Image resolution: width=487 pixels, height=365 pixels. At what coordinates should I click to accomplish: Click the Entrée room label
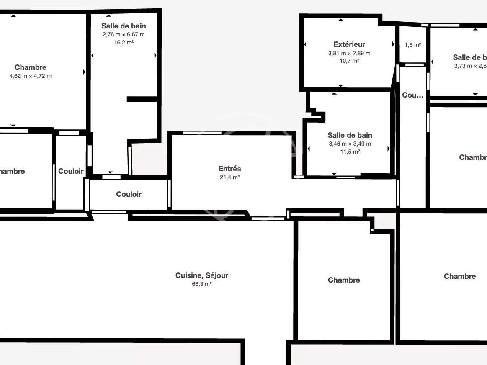point(230,169)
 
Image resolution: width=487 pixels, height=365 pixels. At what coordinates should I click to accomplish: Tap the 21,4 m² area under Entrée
point(230,177)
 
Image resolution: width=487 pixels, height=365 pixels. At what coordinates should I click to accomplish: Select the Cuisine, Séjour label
point(202,275)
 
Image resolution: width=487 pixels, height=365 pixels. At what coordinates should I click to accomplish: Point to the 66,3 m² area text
point(202,284)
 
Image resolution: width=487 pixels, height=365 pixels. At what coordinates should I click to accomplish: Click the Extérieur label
point(349,44)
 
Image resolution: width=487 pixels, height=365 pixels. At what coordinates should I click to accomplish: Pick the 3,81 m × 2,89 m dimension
point(349,53)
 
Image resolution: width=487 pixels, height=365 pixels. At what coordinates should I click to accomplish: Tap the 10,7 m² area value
point(349,61)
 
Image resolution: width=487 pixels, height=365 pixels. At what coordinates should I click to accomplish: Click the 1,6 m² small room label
point(412,45)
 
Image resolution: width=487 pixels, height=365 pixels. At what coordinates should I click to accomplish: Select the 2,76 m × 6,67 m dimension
point(124,35)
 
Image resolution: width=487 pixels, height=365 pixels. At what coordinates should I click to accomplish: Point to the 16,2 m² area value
point(124,43)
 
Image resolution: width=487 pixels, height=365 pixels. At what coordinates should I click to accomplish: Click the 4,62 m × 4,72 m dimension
point(31,76)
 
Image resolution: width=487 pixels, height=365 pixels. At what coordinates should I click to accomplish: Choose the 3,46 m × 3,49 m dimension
point(350,144)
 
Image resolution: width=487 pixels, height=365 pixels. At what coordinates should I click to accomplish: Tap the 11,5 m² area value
point(350,152)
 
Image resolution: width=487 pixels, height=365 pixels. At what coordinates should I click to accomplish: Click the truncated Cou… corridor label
point(412,95)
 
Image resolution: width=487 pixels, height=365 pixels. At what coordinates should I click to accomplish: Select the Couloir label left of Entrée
point(129,194)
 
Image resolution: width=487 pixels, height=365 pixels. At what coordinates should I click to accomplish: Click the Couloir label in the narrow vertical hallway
point(71,171)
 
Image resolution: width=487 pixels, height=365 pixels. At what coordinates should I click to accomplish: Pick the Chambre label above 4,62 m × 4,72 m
point(31,67)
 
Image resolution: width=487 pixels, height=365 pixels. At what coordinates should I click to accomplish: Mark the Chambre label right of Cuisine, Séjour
point(344,280)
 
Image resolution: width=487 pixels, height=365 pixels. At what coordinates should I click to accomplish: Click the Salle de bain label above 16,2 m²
point(124,26)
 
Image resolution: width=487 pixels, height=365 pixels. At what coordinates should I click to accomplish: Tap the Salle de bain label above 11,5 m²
point(350,135)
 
